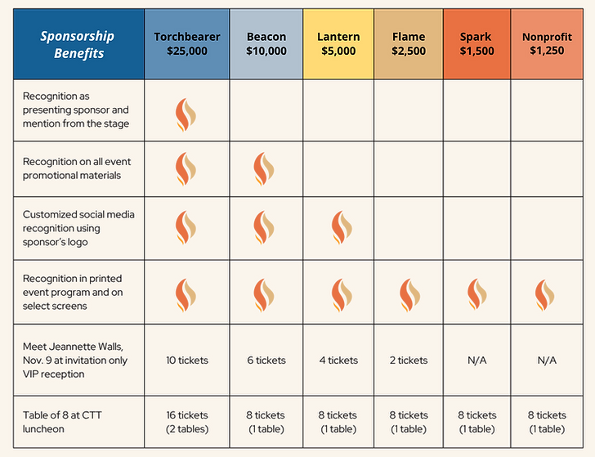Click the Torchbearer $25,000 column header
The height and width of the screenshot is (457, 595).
point(186,43)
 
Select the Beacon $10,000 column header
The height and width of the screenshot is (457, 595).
point(266,43)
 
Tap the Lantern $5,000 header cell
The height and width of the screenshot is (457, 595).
point(338,43)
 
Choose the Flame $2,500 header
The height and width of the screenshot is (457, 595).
point(409,43)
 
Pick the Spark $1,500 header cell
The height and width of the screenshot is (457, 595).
point(477,43)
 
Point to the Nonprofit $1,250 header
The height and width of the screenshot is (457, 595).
point(546,43)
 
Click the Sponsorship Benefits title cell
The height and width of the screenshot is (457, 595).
point(78,44)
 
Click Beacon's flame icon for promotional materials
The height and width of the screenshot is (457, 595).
point(261,169)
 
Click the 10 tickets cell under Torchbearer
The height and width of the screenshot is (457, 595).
point(186,360)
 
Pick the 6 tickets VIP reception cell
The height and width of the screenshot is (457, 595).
point(266,360)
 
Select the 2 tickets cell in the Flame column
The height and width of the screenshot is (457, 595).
point(407,360)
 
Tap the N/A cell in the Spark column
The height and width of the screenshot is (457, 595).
point(476,360)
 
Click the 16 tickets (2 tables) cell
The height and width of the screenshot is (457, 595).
point(186,422)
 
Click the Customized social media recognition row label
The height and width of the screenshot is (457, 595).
point(78,227)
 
